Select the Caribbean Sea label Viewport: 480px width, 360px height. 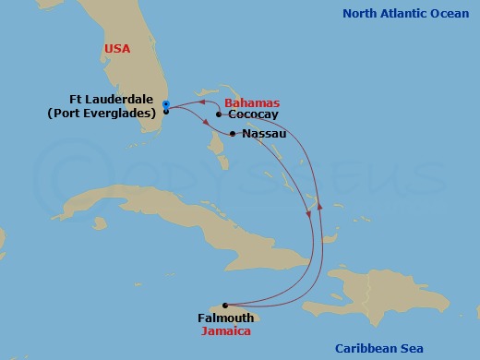pyautogui.click(x=379, y=348)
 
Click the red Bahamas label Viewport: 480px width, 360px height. pyautogui.click(x=253, y=103)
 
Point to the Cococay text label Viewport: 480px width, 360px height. pyautogui.click(x=251, y=115)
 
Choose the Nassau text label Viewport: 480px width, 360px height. pyautogui.click(x=264, y=134)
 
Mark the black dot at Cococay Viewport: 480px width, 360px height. pyautogui.click(x=219, y=115)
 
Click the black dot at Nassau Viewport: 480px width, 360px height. pyautogui.click(x=233, y=134)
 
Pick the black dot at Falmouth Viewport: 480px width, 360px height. pyautogui.click(x=224, y=305)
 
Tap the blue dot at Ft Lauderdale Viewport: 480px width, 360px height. pyautogui.click(x=165, y=103)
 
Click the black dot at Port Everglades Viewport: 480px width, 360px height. pyautogui.click(x=165, y=112)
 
